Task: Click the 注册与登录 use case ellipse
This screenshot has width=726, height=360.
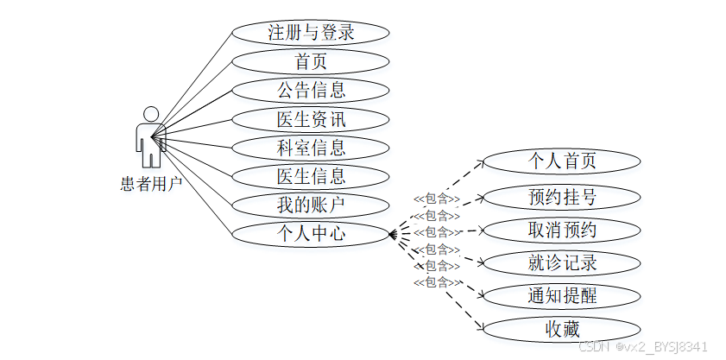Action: point(311,33)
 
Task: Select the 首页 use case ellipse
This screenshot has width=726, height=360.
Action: point(311,61)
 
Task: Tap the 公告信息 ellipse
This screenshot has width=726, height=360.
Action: point(311,90)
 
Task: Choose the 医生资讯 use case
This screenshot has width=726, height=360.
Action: point(311,118)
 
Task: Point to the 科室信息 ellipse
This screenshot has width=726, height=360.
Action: point(311,147)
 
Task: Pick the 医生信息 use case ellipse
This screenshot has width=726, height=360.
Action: point(311,176)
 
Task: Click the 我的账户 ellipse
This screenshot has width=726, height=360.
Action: point(311,205)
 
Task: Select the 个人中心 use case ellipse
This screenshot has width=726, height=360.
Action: point(311,232)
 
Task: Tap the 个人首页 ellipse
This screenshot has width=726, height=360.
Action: point(562,161)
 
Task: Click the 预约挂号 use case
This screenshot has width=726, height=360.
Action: point(562,196)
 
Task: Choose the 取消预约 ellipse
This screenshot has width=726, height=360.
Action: point(562,230)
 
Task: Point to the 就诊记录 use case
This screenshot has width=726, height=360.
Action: point(562,262)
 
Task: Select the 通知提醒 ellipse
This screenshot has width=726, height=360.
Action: point(562,295)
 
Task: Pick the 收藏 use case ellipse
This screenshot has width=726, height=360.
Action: point(562,328)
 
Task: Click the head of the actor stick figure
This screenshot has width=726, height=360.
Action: point(151,114)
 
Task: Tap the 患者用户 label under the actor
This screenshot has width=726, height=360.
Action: point(151,182)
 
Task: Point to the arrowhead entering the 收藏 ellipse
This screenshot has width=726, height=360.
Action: point(479,329)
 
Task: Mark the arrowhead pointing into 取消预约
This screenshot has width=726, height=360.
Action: point(477,231)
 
